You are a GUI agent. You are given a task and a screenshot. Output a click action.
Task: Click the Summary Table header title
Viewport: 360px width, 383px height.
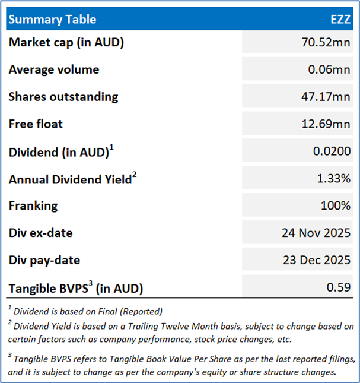pyautogui.click(x=52, y=19)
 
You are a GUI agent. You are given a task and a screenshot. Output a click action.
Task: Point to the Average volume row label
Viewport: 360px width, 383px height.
pyautogui.click(x=54, y=69)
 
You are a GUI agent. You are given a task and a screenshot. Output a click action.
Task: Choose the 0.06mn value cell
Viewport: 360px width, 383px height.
pyautogui.click(x=330, y=69)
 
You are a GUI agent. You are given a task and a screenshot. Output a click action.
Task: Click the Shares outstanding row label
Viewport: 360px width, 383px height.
pyautogui.click(x=63, y=97)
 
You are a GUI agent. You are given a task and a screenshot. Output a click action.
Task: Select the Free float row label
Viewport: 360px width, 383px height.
pyautogui.click(x=36, y=124)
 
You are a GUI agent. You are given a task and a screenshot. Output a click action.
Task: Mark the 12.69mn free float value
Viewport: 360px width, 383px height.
pyautogui.click(x=327, y=124)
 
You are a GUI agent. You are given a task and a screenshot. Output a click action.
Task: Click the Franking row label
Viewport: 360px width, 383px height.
pyautogui.click(x=33, y=205)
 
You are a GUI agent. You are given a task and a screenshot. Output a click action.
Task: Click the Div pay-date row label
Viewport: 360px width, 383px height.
pyautogui.click(x=44, y=260)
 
